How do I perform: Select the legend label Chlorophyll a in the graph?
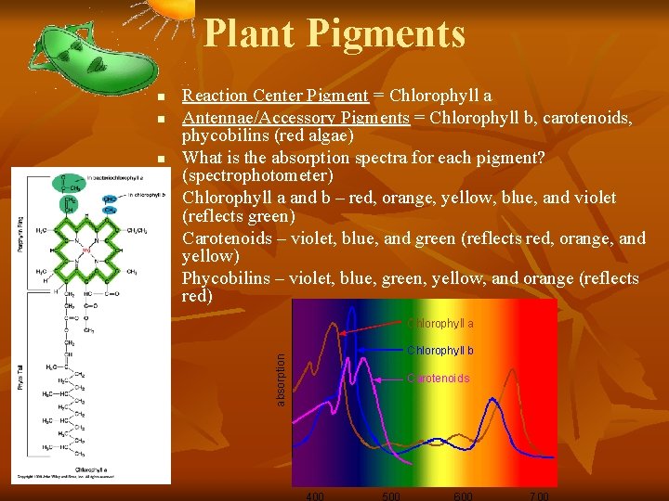(440, 324)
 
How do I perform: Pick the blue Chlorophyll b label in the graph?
(440, 351)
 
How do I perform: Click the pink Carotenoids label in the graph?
(439, 379)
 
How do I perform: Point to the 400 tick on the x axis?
(315, 495)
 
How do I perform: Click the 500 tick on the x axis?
(391, 495)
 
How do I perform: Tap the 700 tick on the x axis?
(539, 495)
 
